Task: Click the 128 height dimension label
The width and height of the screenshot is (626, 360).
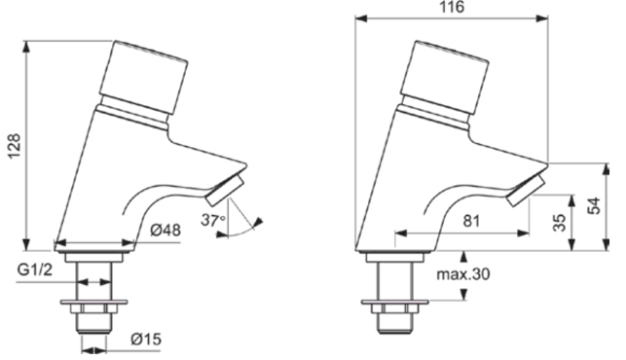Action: (15, 146)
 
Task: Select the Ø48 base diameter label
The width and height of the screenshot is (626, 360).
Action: (166, 231)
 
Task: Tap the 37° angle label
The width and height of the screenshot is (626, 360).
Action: (213, 220)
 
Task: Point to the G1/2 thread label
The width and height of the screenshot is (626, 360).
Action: (35, 270)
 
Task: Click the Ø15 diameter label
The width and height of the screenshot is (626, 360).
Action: (146, 340)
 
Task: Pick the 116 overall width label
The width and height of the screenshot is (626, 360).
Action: (453, 7)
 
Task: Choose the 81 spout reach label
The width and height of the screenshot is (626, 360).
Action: (471, 221)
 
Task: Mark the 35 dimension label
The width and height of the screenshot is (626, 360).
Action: (560, 223)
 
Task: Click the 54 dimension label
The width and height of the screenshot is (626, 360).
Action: (595, 206)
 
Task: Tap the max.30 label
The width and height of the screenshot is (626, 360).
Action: (463, 274)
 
